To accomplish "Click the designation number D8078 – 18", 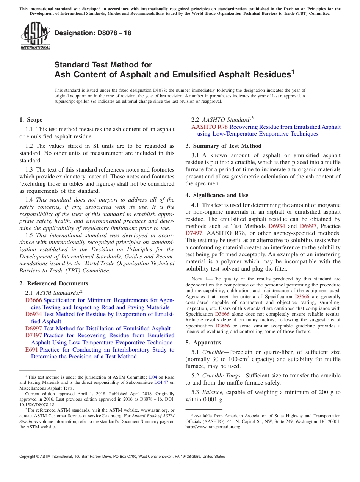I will coord(93,33).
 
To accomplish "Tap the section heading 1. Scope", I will coord(31,120).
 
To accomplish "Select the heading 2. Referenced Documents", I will coord(53,283).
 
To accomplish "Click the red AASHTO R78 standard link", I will coord(210,127).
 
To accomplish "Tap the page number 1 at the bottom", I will coord(180,466).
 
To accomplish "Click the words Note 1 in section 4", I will coord(200,279).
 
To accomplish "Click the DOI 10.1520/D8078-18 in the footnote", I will coord(37,405).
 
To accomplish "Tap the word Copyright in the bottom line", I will coord(28,457).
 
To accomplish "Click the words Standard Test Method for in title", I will coord(103,65).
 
